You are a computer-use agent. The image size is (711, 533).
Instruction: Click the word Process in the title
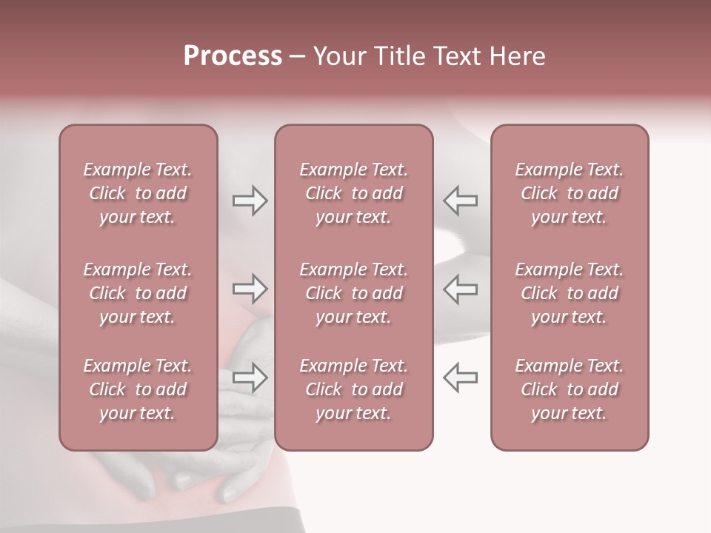233,56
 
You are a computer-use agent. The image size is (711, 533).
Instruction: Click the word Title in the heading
398,56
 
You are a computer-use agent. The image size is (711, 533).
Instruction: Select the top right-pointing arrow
250,201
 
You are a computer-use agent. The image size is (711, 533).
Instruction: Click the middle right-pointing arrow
250,289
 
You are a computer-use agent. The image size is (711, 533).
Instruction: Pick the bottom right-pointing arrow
250,377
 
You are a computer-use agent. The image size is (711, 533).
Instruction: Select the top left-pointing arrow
460,201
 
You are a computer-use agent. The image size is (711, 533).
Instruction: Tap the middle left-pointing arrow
460,289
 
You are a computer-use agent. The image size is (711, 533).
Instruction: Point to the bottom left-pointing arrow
460,377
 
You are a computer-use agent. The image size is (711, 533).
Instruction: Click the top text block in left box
138,193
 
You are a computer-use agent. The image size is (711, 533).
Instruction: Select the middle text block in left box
138,293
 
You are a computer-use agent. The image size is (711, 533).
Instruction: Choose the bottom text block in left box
138,389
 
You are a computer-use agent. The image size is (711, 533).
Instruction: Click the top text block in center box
354,193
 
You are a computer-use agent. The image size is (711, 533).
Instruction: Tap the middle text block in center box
354,293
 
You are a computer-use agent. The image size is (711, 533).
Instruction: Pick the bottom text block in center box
354,389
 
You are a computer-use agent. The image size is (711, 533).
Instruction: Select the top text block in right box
570,193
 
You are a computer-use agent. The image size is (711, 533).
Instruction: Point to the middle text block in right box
570,293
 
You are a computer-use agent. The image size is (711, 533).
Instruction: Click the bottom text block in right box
570,389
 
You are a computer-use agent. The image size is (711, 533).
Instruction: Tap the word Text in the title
457,56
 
